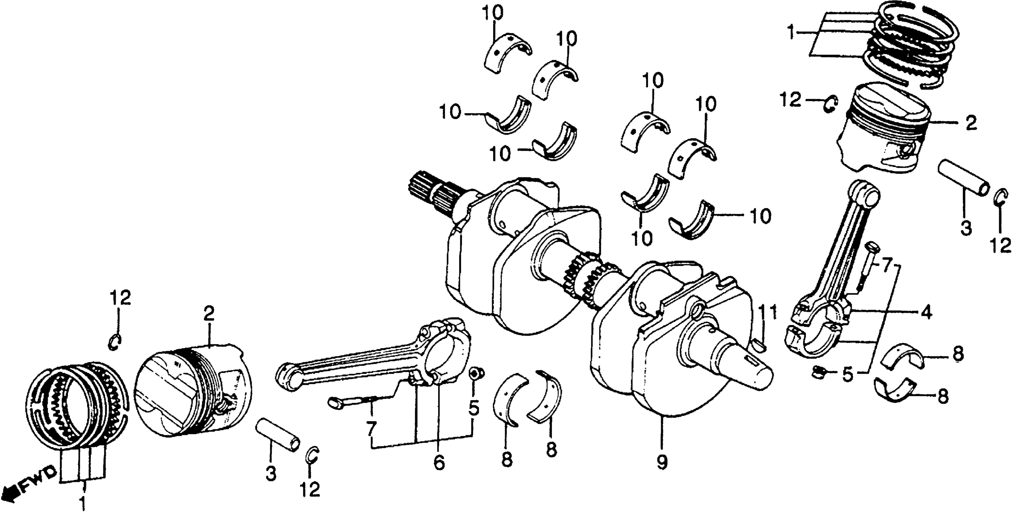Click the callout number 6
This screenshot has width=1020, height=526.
coord(439,462)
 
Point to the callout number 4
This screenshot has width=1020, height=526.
coord(925,313)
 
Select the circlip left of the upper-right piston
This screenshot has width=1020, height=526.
coord(830,104)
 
